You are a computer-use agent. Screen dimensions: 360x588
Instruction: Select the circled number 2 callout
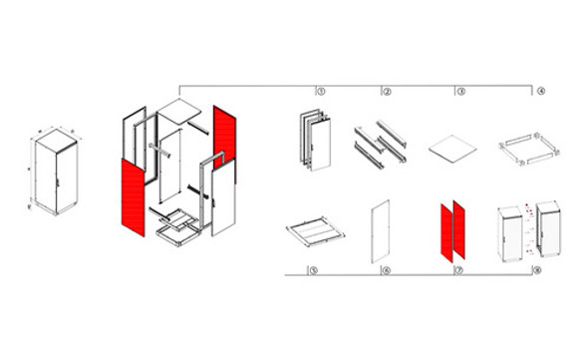click(387, 91)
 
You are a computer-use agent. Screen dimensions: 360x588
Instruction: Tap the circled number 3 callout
click(460, 91)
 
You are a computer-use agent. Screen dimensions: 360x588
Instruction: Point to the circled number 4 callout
click(539, 91)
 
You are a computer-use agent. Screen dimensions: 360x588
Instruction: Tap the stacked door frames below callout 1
click(311, 141)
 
